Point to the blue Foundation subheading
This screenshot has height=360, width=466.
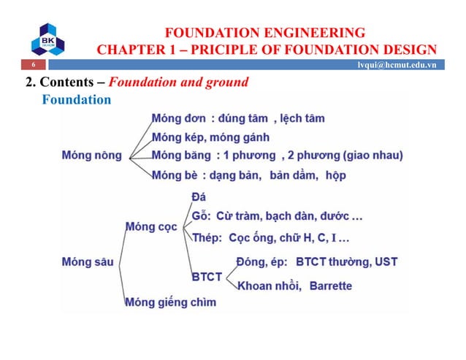pyautogui.click(x=77, y=99)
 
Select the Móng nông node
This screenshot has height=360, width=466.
pyautogui.click(x=91, y=155)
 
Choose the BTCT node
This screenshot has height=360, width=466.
pyautogui.click(x=207, y=277)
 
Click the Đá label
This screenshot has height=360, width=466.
pyautogui.click(x=198, y=196)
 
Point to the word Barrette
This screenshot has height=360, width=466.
pyautogui.click(x=331, y=286)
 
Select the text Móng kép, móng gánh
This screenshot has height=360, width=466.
pyautogui.click(x=210, y=137)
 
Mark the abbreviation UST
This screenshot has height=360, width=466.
pyautogui.click(x=385, y=261)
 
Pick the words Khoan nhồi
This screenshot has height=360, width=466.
pyautogui.click(x=270, y=286)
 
